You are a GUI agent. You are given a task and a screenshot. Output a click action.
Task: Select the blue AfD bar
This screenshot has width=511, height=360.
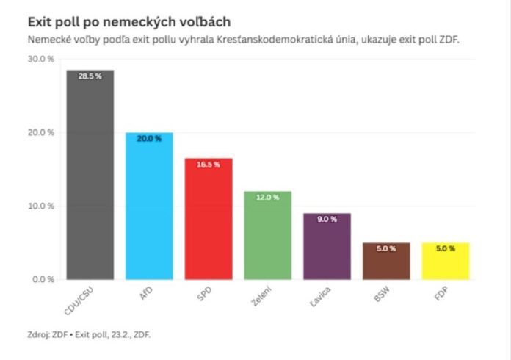(x=149, y=206)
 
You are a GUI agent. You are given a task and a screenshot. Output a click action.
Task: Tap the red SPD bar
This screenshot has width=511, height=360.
(x=209, y=219)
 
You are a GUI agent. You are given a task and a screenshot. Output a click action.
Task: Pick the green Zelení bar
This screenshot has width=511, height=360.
(x=267, y=235)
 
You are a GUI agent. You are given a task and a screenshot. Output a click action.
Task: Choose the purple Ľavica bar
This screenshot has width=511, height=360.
(x=327, y=246)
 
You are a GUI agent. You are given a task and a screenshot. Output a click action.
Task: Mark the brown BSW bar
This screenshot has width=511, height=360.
(x=386, y=261)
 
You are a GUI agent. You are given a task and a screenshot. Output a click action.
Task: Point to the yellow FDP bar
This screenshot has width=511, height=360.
(x=445, y=261)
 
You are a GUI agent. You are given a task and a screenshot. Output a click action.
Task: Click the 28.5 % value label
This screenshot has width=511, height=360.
(x=90, y=76)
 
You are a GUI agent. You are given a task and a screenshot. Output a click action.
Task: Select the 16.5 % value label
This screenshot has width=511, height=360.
(x=209, y=165)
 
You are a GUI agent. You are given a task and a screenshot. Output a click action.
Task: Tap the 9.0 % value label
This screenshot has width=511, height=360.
(x=327, y=219)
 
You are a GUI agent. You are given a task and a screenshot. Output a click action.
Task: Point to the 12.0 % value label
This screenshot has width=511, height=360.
(x=267, y=198)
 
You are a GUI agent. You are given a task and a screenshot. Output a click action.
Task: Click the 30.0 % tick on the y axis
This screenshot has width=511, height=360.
(x=41, y=59)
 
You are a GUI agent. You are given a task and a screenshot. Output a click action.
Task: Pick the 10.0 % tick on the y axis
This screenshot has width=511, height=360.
(x=41, y=206)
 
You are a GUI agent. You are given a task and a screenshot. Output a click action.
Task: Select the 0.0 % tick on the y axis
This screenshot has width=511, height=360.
(x=43, y=279)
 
